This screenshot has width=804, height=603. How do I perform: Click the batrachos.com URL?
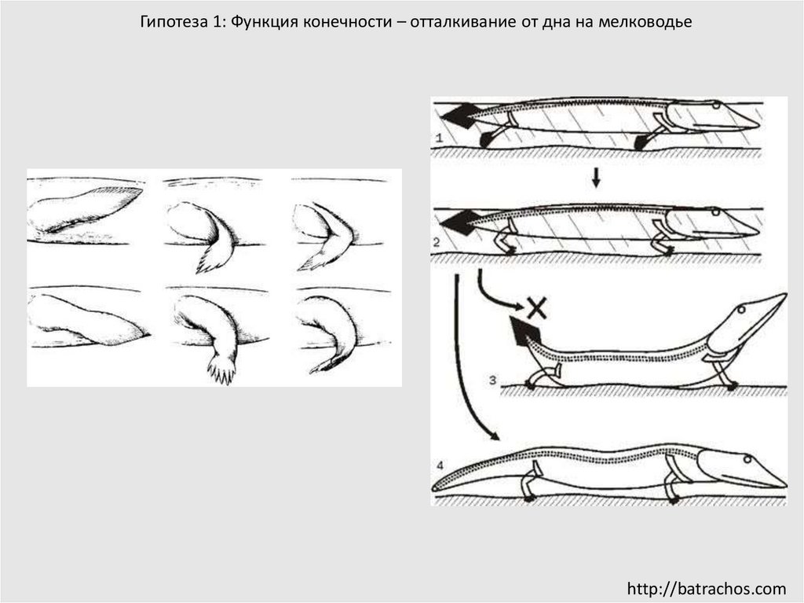click(x=706, y=588)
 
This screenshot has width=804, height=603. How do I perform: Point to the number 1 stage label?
click(x=438, y=138)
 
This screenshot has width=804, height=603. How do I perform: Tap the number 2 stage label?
click(x=437, y=242)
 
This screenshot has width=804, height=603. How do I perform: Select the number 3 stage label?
click(x=493, y=380)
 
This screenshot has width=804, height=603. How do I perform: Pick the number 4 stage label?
click(x=440, y=465)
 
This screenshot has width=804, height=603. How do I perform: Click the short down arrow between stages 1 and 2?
click(x=595, y=178)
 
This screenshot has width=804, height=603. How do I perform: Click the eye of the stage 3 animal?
click(x=741, y=310)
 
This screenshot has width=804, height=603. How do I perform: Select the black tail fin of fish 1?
click(x=459, y=116)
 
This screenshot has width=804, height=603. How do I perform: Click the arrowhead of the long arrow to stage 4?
click(x=495, y=436)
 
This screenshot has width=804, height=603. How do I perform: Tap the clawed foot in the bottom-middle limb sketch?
click(x=222, y=369)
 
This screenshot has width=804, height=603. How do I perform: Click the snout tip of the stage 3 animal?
click(x=784, y=295)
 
